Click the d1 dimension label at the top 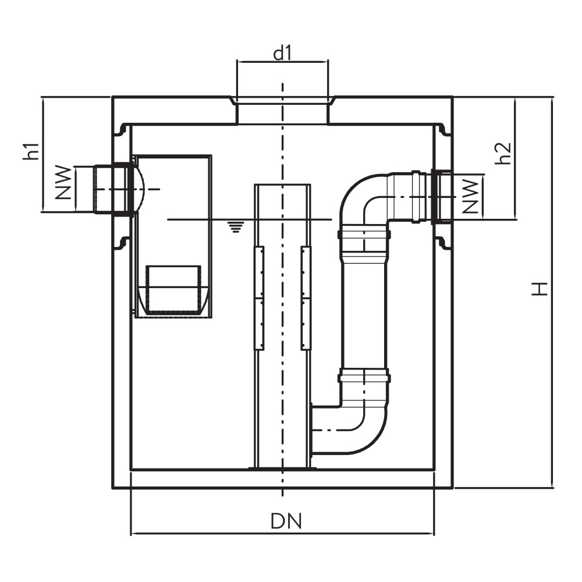click(282, 54)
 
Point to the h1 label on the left click(33, 151)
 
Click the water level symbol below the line click(235, 227)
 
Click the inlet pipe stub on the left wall click(111, 190)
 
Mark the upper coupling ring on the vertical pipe click(364, 235)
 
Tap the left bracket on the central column click(259, 298)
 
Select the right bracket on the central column click(306, 298)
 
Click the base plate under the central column click(282, 467)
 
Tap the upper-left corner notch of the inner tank click(122, 130)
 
